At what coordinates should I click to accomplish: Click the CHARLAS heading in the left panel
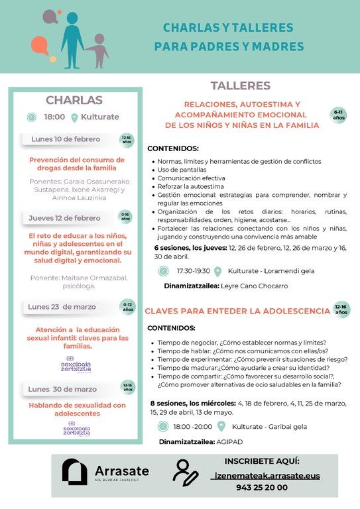(74, 100)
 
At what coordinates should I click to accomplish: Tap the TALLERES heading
(240, 85)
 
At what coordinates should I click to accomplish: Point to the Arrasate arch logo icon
(74, 471)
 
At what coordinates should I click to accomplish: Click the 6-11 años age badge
(339, 115)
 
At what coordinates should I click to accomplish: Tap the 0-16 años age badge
(126, 217)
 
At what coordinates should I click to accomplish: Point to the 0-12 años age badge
(127, 306)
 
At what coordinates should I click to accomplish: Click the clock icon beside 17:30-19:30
(163, 270)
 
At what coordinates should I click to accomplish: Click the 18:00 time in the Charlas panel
(54, 117)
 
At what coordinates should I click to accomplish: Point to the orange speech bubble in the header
(39, 46)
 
